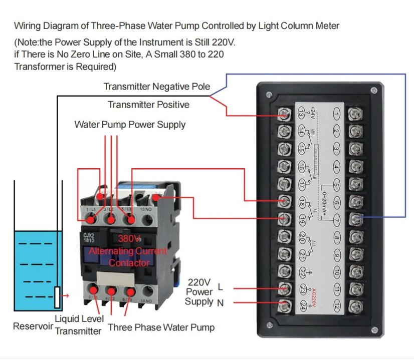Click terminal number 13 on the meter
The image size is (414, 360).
point(301,115)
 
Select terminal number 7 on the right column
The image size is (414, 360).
point(337,219)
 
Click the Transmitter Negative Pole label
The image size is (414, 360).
point(157,87)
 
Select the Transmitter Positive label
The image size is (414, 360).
point(148,105)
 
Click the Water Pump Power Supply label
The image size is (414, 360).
point(130,124)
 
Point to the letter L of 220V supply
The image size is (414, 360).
point(221,287)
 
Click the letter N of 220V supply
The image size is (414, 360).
point(221,303)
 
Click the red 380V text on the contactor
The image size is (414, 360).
point(129,238)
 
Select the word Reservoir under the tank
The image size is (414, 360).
point(32,326)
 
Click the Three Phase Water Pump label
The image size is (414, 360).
point(161,327)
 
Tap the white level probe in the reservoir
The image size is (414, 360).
point(57,297)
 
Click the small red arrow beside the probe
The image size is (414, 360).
point(65,296)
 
